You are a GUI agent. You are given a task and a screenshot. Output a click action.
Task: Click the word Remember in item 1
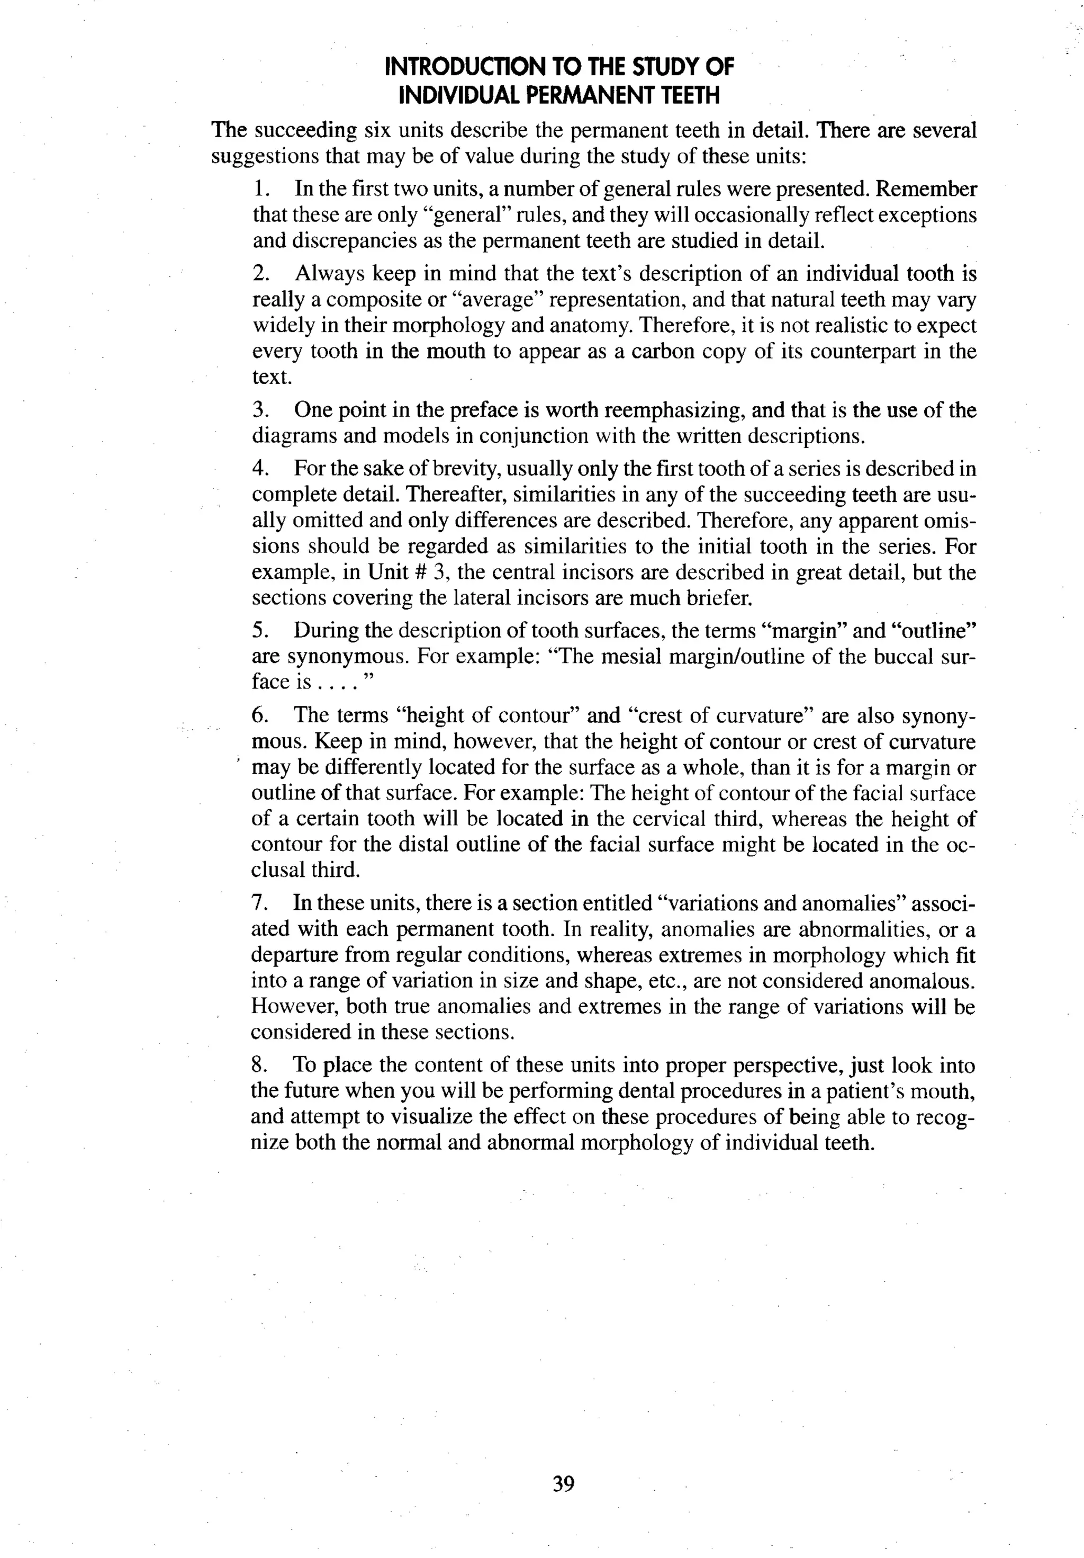(927, 189)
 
